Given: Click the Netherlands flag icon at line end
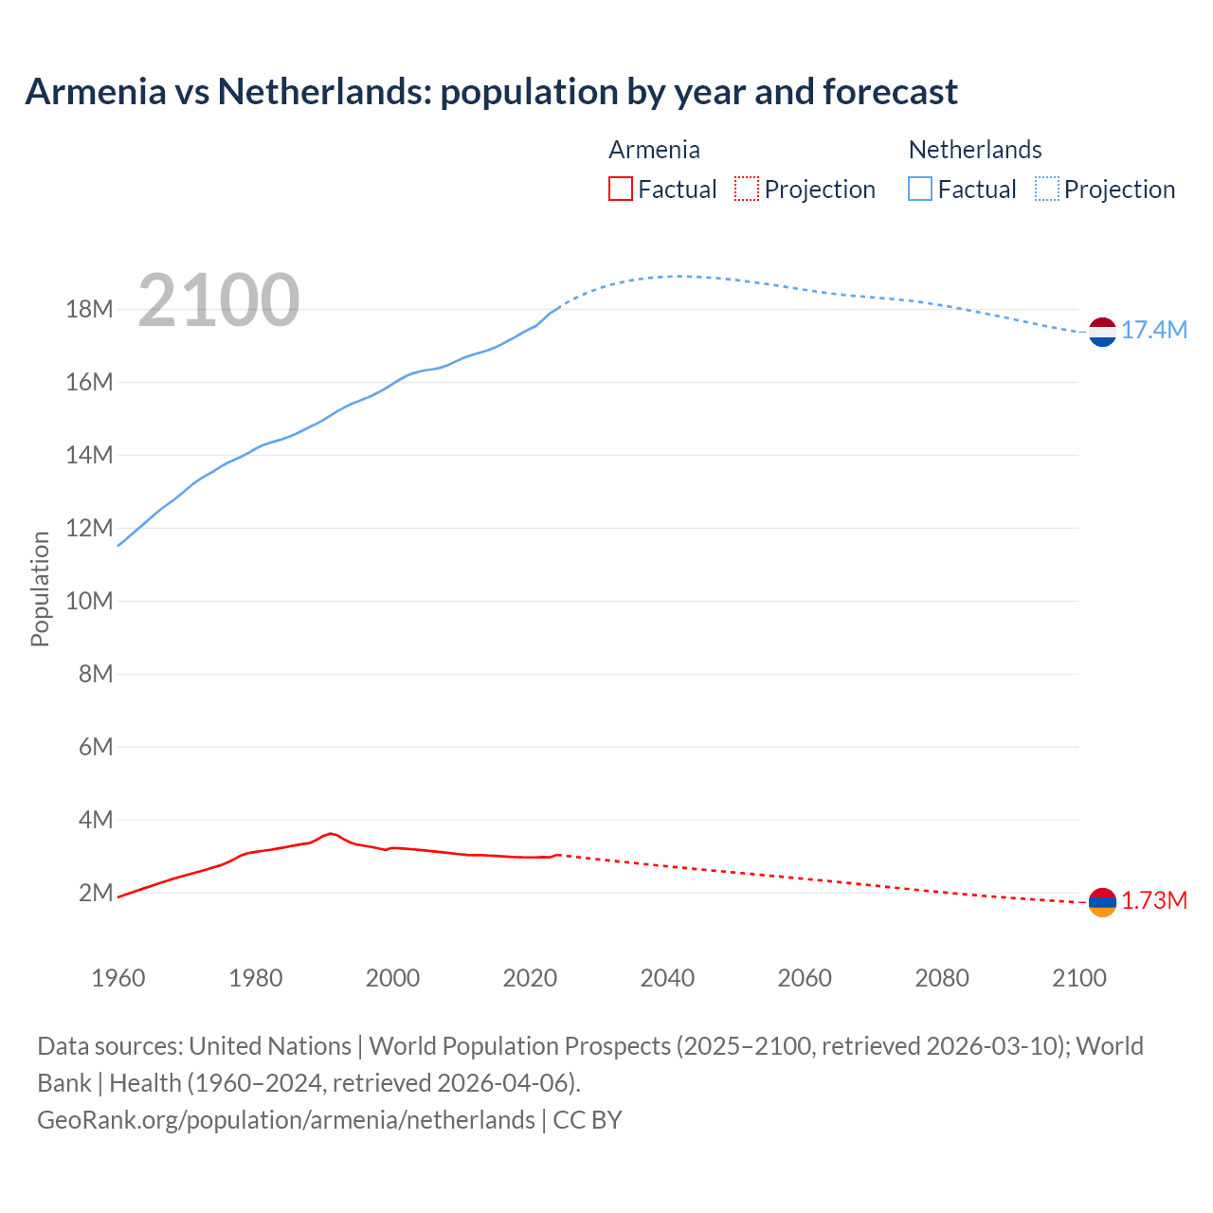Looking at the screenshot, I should (x=1102, y=332).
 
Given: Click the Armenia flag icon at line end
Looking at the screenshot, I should (x=1102, y=902).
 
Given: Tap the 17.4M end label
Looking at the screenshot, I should (x=1153, y=330).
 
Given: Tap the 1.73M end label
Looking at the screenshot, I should (x=1153, y=900).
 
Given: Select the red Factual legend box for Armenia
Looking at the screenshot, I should (x=621, y=189).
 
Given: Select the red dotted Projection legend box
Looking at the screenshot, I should (x=747, y=189).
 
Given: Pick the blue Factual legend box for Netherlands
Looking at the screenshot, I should (x=920, y=189).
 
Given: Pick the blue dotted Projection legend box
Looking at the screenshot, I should (x=1046, y=189).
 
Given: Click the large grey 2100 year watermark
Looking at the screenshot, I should (x=219, y=300).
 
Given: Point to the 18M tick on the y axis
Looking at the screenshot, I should (x=89, y=309).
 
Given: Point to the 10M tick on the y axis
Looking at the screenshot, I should (x=89, y=601).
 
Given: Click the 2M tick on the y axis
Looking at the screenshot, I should (x=96, y=893).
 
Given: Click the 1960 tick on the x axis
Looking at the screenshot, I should (x=118, y=978).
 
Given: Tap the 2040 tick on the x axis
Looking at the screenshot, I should (x=667, y=978).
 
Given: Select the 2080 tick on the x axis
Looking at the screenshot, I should (x=942, y=978).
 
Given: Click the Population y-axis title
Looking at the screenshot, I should (x=40, y=588).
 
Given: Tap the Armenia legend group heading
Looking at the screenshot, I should (x=654, y=150).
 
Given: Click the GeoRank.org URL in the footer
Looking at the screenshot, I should (x=286, y=1119).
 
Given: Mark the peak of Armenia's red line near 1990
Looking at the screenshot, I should (x=331, y=833).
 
